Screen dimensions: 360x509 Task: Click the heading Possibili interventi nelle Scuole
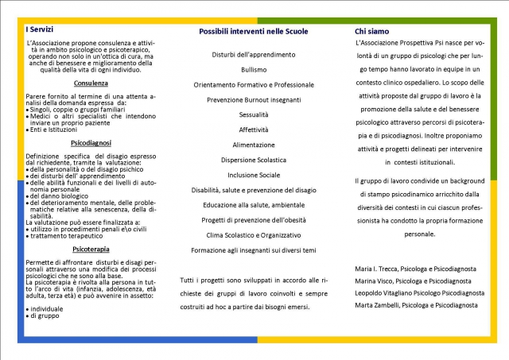(254, 31)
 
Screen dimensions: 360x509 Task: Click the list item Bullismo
(254, 70)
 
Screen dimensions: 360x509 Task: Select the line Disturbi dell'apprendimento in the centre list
(254, 55)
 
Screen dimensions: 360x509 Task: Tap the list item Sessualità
(254, 115)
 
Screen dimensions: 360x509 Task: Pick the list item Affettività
(254, 130)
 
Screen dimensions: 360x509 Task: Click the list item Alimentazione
(254, 145)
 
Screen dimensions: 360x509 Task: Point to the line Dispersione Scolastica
(254, 160)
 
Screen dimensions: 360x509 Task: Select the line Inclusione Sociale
(254, 175)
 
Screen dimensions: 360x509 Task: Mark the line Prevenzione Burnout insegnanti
(254, 100)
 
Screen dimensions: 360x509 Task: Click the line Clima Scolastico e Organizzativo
(254, 235)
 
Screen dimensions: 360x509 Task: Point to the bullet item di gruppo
(45, 316)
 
